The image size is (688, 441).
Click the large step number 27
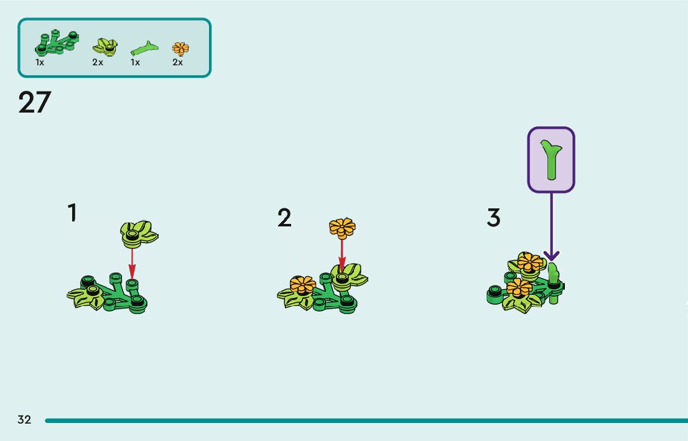(x=34, y=103)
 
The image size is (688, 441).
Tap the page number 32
(x=24, y=420)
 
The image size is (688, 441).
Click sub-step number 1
(x=73, y=213)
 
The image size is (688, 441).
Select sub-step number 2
(x=284, y=218)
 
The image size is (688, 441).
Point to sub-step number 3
(x=493, y=218)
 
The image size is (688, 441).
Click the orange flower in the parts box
(x=180, y=48)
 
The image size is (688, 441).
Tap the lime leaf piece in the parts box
(x=105, y=46)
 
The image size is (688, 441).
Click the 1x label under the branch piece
(x=40, y=62)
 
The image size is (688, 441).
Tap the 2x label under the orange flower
(x=178, y=62)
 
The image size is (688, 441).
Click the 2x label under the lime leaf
(x=98, y=62)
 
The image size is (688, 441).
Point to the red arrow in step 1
(x=131, y=261)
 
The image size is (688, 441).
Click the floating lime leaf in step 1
(x=139, y=232)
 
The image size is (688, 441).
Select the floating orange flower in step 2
(x=342, y=228)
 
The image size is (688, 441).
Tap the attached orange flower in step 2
(x=303, y=285)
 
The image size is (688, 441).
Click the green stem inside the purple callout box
(x=551, y=159)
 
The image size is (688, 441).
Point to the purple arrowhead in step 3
(x=552, y=256)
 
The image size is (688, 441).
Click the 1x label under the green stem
(x=135, y=62)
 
